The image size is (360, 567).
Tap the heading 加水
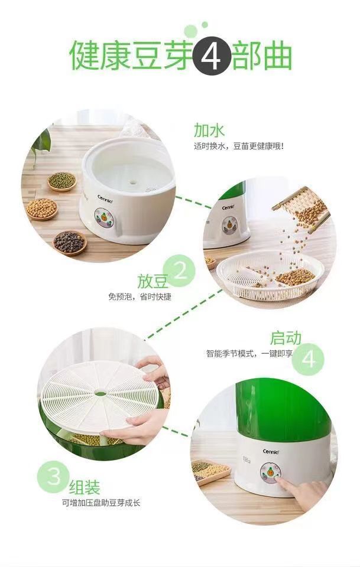[209, 130]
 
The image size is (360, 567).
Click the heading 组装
[85, 487]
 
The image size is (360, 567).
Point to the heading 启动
[286, 338]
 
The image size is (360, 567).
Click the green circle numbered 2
[179, 271]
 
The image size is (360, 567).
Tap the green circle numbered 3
[54, 477]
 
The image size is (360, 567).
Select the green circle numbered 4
[310, 358]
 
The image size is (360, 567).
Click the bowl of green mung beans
[61, 181]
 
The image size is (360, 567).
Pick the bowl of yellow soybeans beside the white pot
[42, 208]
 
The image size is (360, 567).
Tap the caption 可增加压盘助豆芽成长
[101, 503]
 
